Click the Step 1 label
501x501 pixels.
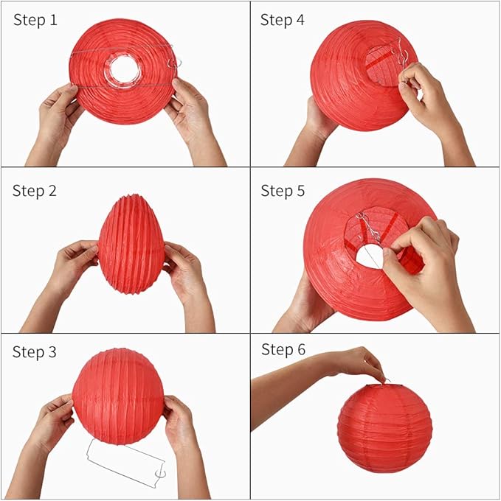(35, 21)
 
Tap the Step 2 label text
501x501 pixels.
(35, 191)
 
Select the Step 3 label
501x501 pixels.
(35, 352)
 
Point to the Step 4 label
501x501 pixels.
(282, 21)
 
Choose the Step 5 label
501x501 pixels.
(283, 191)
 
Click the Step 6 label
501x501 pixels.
(283, 349)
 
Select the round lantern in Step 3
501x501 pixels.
(118, 396)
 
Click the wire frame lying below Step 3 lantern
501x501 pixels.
(125, 463)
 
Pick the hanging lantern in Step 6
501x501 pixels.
(384, 427)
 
